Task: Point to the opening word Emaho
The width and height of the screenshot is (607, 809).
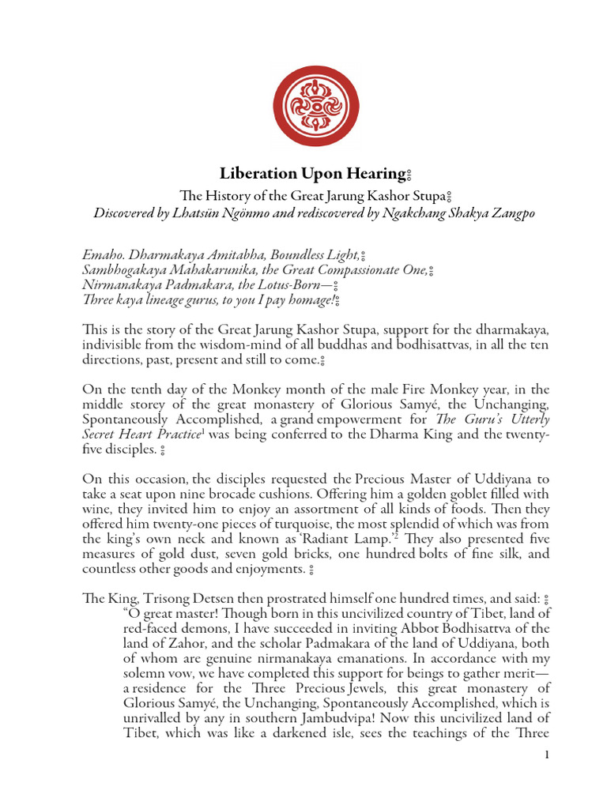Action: tap(102, 255)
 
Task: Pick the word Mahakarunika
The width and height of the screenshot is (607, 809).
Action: tap(196, 271)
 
